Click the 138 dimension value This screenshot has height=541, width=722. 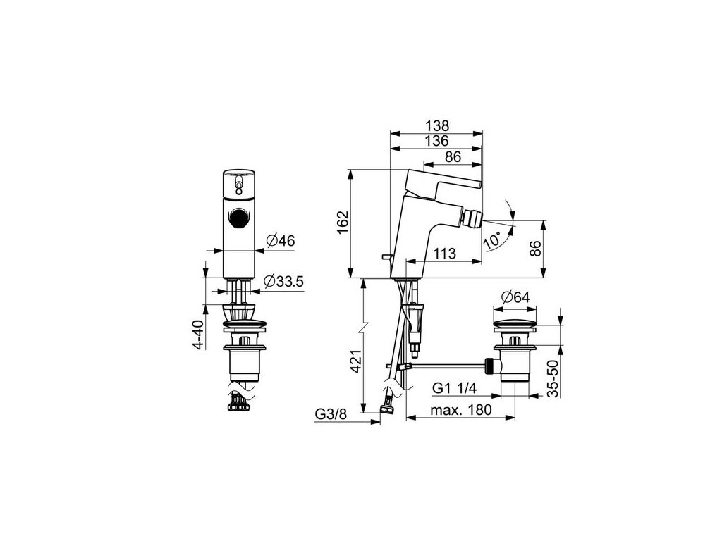tap(437, 125)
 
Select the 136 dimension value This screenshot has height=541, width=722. tap(437, 142)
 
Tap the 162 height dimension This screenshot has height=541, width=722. tap(342, 224)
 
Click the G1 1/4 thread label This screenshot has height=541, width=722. tap(455, 388)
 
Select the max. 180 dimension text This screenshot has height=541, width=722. tap(463, 410)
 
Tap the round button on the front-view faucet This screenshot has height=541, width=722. tap(239, 219)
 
